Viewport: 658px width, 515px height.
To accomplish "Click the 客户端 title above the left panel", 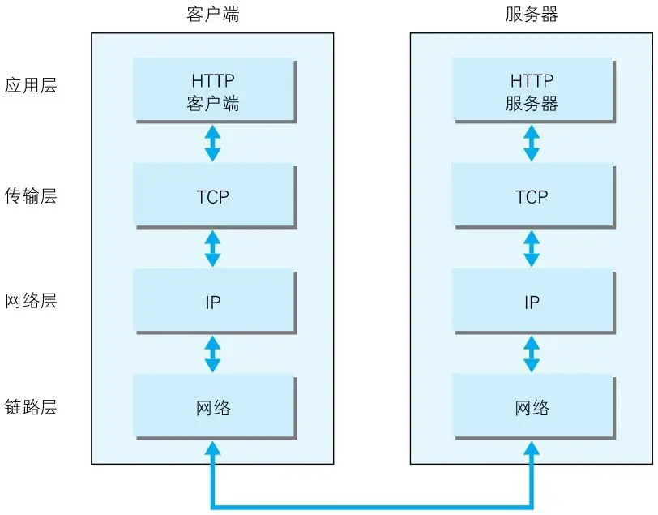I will pos(212,15).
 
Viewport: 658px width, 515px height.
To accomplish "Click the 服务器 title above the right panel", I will pos(532,15).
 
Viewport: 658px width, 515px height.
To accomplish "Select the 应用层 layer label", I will pos(31,86).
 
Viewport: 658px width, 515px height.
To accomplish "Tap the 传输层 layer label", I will pos(31,196).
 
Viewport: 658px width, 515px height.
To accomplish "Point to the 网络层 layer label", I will pos(31,302).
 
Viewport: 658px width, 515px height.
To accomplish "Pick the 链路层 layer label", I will pos(31,407).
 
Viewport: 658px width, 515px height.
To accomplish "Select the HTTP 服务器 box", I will pos(532,92).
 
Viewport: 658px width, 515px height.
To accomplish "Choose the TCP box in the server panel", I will pos(532,196).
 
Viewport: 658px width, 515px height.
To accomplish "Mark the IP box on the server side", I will pos(532,303).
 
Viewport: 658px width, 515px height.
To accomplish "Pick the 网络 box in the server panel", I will pos(532,407).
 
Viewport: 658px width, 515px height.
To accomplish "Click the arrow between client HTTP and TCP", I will pos(212,143).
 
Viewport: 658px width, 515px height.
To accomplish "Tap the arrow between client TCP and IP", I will pos(212,249).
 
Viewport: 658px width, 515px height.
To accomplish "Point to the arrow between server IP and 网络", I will pos(532,354).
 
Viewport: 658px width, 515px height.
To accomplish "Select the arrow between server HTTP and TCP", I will pos(532,143).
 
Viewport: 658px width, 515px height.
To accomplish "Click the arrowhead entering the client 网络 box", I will pos(212,448).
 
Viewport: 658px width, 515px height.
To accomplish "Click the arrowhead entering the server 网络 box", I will pos(532,448).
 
